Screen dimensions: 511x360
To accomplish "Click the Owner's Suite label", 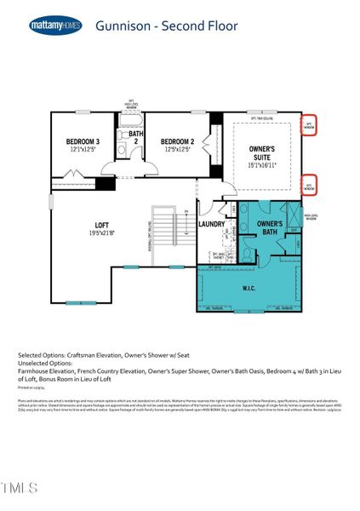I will (261, 152).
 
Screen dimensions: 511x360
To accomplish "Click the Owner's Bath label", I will (269, 227).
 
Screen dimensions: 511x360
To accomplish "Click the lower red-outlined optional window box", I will (311, 185).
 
